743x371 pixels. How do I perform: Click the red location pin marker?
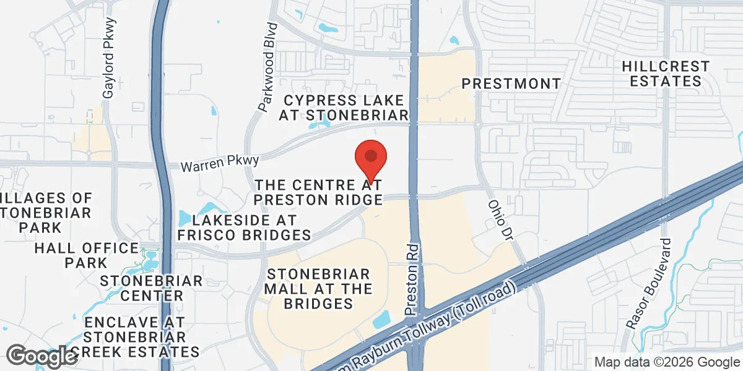(370, 158)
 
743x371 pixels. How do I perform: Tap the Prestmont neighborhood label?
(511, 83)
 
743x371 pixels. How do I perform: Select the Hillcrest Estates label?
(666, 74)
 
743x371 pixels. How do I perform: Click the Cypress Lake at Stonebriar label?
(344, 108)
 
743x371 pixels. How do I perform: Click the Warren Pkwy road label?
(220, 164)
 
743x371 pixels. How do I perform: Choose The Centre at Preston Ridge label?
(319, 192)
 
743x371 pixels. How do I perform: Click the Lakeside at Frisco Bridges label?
(244, 228)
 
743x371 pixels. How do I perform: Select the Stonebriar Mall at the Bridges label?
(318, 289)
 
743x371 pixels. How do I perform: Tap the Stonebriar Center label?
(151, 288)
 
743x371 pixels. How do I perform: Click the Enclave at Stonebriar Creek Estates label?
(135, 337)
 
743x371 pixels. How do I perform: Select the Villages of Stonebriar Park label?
(47, 213)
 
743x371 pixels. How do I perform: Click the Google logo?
(42, 356)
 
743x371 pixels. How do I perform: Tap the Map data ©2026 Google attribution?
(667, 362)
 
